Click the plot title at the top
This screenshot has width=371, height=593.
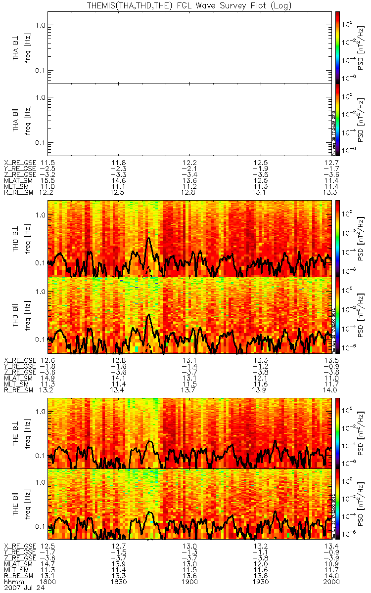pos(188,6)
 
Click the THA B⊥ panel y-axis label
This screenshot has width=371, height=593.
pos(16,47)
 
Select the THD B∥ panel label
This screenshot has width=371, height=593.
pos(16,316)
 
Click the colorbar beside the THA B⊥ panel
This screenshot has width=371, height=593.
pos(337,47)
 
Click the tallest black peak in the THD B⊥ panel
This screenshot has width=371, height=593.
pos(148,239)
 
